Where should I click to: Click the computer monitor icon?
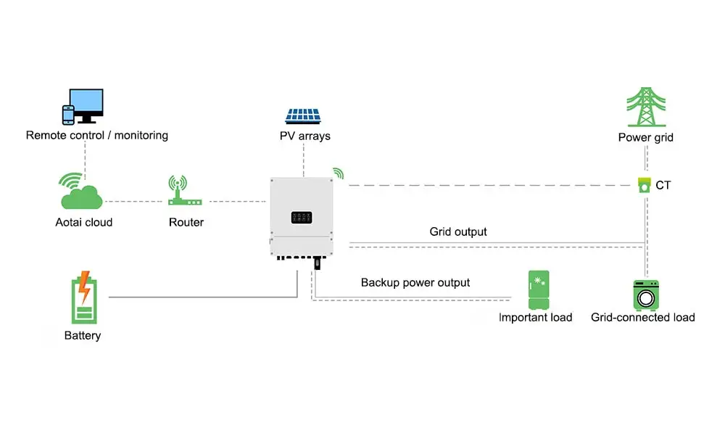pyautogui.click(x=86, y=105)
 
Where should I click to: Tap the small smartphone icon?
pyautogui.click(x=68, y=115)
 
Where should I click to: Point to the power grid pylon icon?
pyautogui.click(x=646, y=107)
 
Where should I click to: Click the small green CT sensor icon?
pyautogui.click(x=644, y=185)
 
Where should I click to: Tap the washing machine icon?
pyautogui.click(x=645, y=295)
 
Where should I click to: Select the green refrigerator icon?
pyautogui.click(x=539, y=290)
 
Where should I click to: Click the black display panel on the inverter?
pyautogui.click(x=302, y=217)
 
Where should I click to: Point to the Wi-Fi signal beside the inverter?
pyautogui.click(x=338, y=173)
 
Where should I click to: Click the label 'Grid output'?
pyautogui.click(x=458, y=232)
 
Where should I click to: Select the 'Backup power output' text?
pyautogui.click(x=415, y=282)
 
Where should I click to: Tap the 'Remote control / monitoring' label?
pyautogui.click(x=97, y=135)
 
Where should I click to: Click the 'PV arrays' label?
pyautogui.click(x=305, y=136)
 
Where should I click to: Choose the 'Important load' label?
pyautogui.click(x=536, y=317)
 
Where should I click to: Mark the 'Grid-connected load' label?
pyautogui.click(x=643, y=317)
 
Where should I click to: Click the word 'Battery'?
pyautogui.click(x=83, y=336)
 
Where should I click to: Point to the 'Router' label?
pyautogui.click(x=186, y=223)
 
